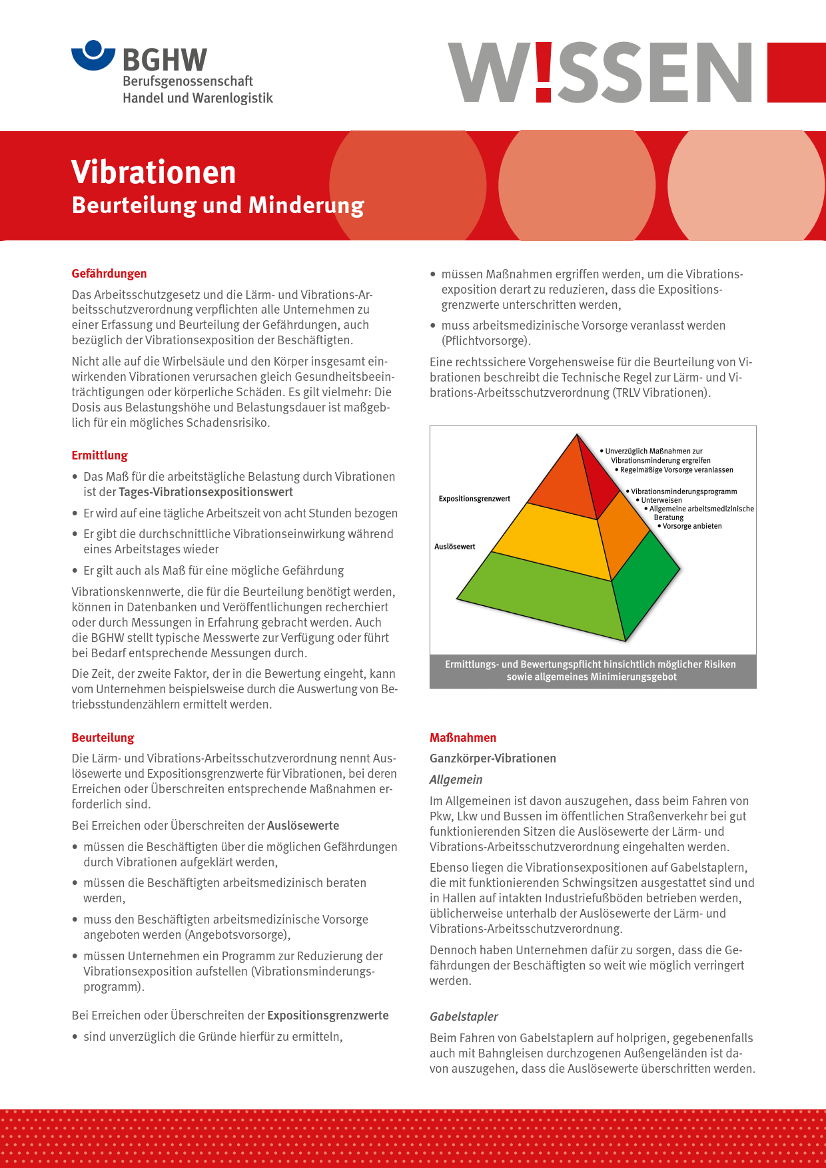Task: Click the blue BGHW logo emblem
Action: [93, 55]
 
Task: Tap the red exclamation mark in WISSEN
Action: [544, 72]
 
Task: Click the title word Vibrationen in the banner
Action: [153, 172]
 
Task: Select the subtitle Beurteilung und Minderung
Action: [218, 205]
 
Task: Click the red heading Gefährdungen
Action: [109, 274]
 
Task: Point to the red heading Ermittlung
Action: [100, 455]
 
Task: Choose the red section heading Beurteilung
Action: [103, 738]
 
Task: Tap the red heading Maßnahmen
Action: [463, 738]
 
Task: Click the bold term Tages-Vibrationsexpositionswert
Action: [206, 492]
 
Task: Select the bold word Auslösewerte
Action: [303, 826]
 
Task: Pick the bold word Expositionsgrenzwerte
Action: [328, 1016]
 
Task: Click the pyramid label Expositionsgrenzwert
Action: [474, 499]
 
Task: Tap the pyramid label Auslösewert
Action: [455, 547]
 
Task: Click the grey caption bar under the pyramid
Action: [592, 671]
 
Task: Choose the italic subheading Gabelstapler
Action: [464, 1017]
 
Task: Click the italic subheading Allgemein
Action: [456, 780]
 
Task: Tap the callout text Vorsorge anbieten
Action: [692, 526]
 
